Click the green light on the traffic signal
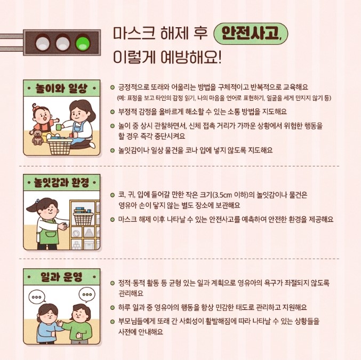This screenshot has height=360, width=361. click(x=83, y=43)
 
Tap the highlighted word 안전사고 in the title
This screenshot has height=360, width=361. click(x=249, y=34)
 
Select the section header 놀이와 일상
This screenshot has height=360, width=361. click(x=61, y=88)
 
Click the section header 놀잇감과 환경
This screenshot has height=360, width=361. click(x=61, y=182)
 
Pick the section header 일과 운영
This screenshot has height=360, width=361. click(x=61, y=277)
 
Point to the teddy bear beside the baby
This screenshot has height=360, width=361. click(x=37, y=137)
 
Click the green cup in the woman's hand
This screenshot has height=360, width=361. click(x=59, y=127)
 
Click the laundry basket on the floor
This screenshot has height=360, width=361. click(x=60, y=147)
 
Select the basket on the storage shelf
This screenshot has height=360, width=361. click(x=83, y=218)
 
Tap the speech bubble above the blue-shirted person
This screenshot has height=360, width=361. click(x=37, y=297)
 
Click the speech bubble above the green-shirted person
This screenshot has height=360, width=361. click(x=87, y=295)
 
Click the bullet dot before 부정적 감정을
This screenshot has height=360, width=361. click(x=113, y=112)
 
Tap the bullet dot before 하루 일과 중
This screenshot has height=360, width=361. click(x=113, y=308)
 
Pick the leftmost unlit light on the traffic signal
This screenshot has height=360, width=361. click(x=43, y=43)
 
